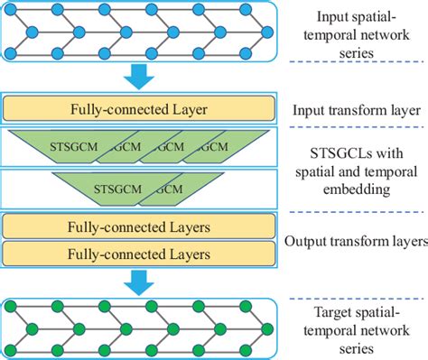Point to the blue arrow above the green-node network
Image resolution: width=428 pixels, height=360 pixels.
(136, 281)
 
